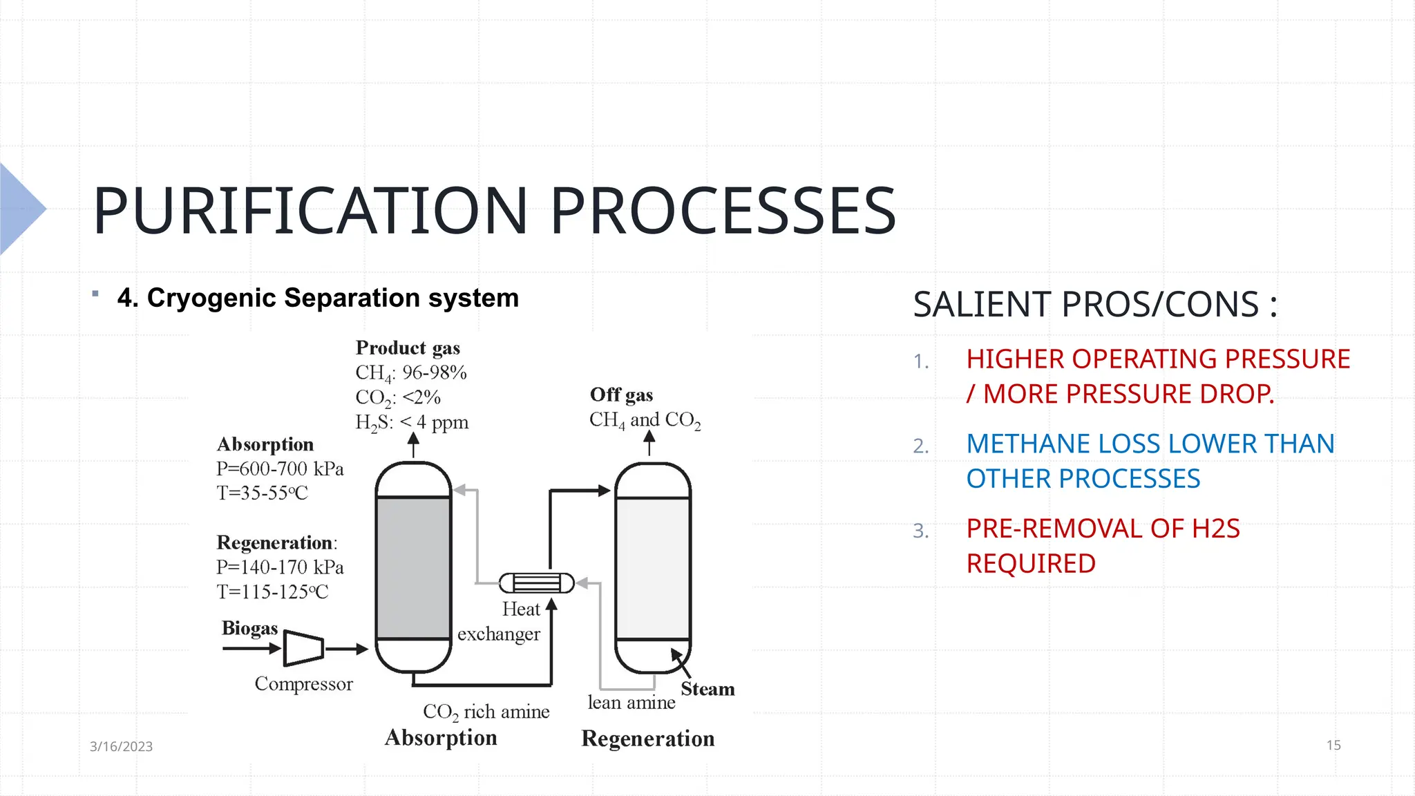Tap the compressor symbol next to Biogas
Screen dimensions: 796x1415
(x=303, y=648)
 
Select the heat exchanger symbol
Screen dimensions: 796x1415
(x=537, y=583)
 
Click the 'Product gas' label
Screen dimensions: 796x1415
(x=408, y=348)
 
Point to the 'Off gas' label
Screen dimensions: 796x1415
(x=621, y=395)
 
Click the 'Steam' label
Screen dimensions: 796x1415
(x=707, y=689)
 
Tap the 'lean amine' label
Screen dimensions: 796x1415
(x=631, y=703)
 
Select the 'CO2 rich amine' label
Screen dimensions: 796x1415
(x=486, y=712)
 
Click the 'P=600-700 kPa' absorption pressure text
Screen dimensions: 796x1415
(x=280, y=468)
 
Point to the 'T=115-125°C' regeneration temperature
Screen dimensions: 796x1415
(x=272, y=591)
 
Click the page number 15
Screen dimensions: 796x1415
(x=1333, y=745)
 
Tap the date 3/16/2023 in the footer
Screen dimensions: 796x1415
(x=121, y=746)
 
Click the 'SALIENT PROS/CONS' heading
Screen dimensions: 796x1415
(x=1094, y=304)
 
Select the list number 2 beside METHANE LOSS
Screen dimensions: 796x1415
(x=920, y=446)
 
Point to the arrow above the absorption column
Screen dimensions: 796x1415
(x=413, y=444)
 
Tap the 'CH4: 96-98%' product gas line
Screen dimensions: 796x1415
(x=411, y=372)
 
